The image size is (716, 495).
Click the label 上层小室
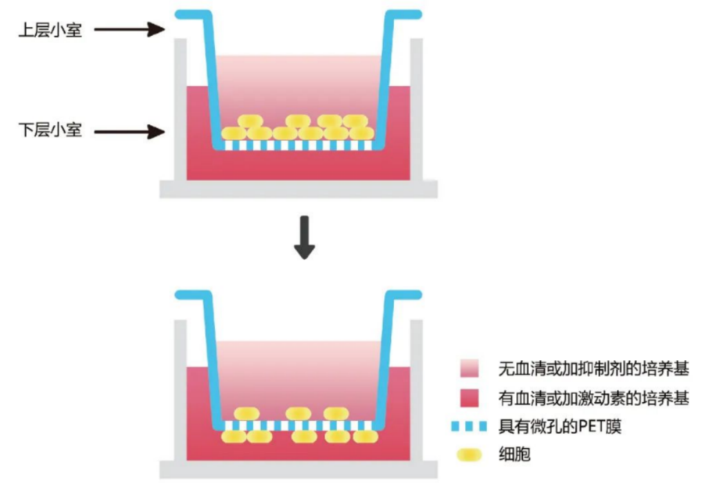50,30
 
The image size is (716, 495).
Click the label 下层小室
50,130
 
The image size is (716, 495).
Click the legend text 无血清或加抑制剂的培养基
593,368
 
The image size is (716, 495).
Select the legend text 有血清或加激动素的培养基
593,397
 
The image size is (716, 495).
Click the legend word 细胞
514,454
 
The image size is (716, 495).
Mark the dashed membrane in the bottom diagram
298,426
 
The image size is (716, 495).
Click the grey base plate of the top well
298,189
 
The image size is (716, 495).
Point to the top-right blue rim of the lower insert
406,294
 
